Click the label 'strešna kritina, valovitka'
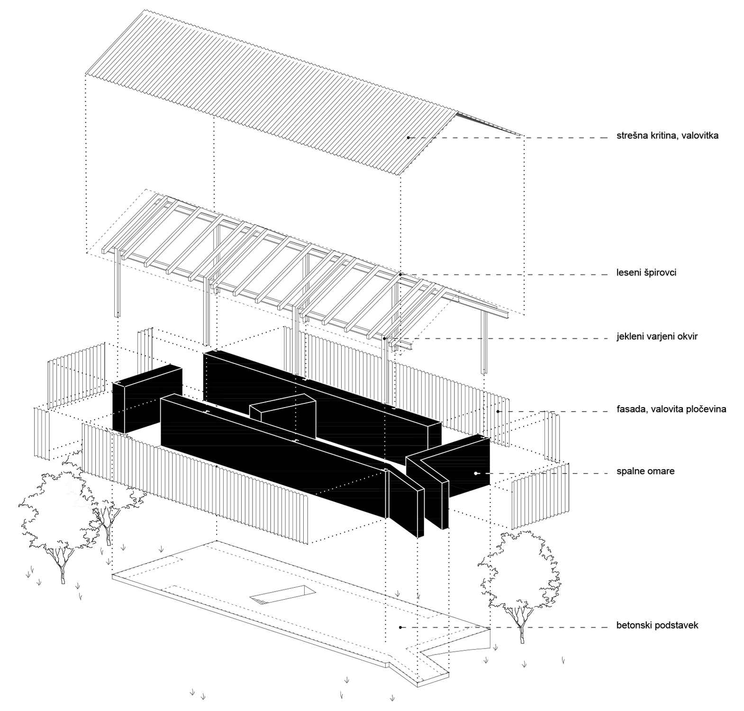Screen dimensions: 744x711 click(667, 136)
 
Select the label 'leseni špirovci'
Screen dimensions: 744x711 click(646, 273)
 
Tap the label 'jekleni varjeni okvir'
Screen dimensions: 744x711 click(657, 337)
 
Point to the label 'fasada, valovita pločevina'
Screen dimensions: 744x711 click(671, 409)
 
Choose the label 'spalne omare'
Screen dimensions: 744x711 click(645, 472)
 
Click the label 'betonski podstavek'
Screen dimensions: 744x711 click(657, 626)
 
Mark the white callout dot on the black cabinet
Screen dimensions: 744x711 click(476, 473)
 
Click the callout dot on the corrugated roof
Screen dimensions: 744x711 click(408, 138)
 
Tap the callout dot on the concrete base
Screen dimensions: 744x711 click(400, 628)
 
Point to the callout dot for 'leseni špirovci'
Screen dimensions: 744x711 click(400, 274)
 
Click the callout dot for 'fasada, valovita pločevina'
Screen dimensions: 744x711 click(498, 411)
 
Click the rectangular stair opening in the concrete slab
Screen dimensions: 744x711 click(282, 595)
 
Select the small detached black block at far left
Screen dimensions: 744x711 click(147, 398)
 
